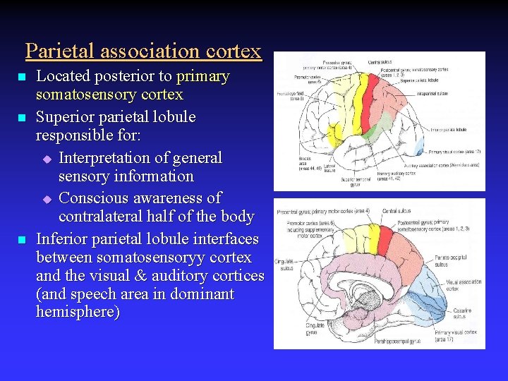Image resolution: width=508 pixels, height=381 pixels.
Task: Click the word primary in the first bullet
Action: pyautogui.click(x=203, y=76)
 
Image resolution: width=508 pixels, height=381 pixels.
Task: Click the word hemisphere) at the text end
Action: pyautogui.click(x=78, y=313)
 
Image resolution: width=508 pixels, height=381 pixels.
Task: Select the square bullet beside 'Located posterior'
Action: pyautogui.click(x=22, y=77)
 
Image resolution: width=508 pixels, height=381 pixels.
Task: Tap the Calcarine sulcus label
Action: pyautogui.click(x=463, y=313)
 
